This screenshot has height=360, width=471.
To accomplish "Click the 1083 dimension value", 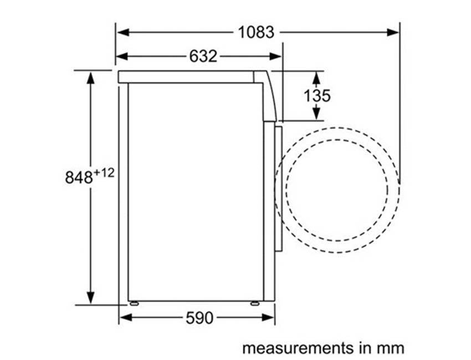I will (x=256, y=32).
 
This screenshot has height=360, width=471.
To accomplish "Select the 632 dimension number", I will (x=203, y=56).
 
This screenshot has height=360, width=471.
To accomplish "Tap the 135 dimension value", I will (x=316, y=95).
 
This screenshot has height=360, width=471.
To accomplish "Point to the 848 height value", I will (x=79, y=178).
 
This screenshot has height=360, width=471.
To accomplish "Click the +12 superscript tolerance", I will (x=104, y=173).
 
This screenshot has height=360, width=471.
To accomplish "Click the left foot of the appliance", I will (x=134, y=303).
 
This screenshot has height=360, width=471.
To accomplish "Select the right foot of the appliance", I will (x=254, y=303).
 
